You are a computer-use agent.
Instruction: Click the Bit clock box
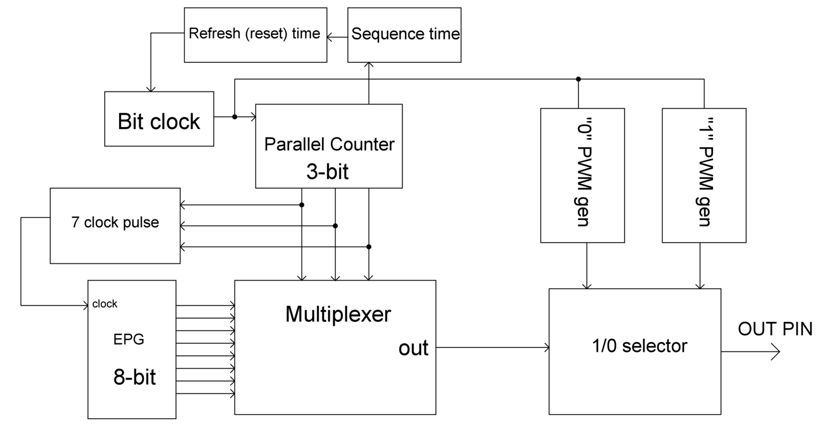coord(159,119)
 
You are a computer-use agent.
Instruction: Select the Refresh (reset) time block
coord(255,35)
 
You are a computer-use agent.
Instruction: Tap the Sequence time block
coord(404,35)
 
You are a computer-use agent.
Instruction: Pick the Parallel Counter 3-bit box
coord(329,146)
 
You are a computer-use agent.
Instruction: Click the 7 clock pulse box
coord(115,226)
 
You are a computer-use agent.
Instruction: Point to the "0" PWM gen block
coord(582,175)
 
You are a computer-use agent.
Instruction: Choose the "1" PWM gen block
coord(704,175)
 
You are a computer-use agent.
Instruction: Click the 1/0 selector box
coord(635,351)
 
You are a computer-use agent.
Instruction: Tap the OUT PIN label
coord(775,329)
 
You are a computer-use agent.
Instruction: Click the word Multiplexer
coord(338,314)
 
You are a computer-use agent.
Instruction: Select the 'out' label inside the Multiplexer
coord(414,348)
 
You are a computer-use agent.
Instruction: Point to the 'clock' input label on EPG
coord(104,304)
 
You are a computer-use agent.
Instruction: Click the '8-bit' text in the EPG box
coord(134,377)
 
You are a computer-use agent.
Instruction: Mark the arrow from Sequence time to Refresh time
coord(337,37)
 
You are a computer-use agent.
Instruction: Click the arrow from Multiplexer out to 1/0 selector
coord(493,347)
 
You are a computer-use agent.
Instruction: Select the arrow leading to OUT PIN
coord(750,351)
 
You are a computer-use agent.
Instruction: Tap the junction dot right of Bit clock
coord(235,117)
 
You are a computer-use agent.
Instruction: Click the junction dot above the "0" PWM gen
coord(579,79)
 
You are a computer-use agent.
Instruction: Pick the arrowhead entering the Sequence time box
coord(369,65)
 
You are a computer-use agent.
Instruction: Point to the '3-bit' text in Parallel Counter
coord(327,172)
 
